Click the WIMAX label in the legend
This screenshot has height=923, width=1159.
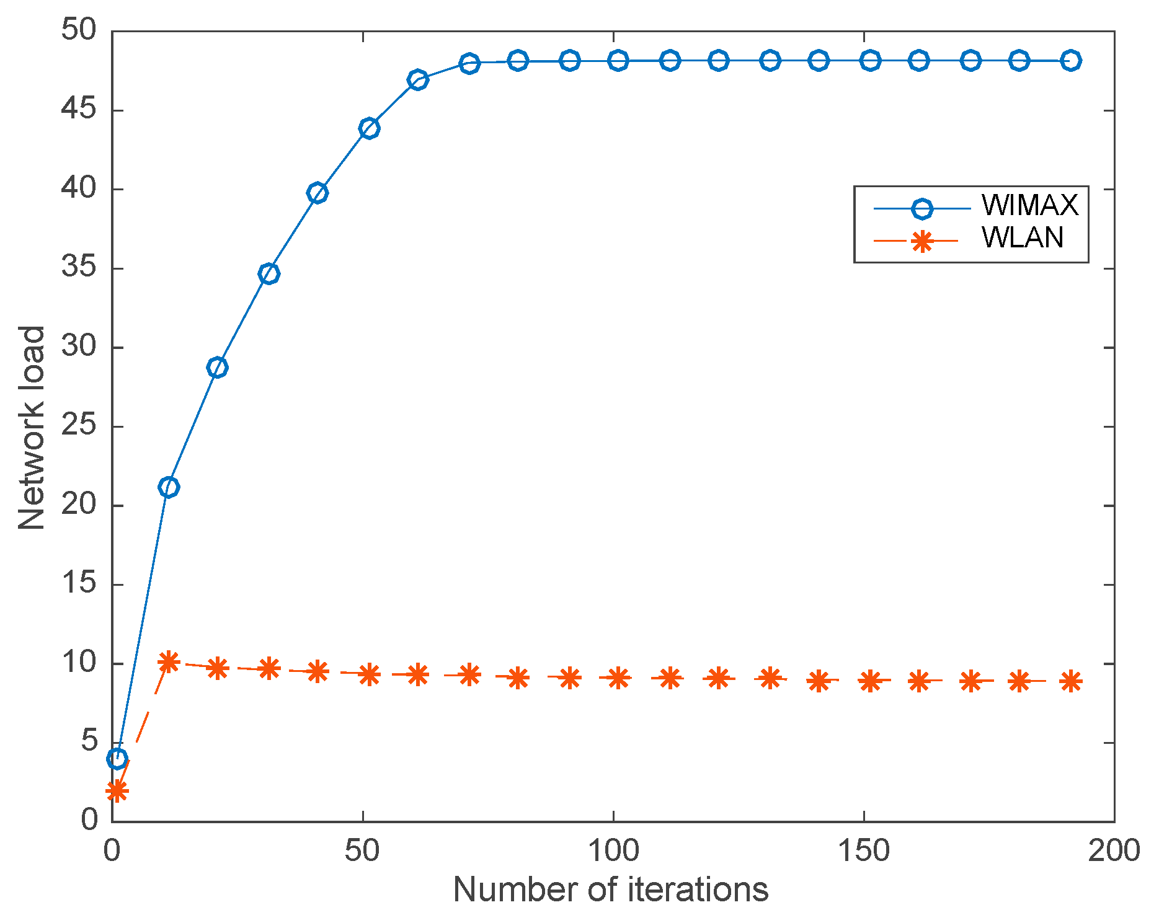click(x=1030, y=205)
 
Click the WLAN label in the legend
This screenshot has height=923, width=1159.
click(x=1023, y=238)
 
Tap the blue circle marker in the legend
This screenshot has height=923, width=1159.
click(x=922, y=208)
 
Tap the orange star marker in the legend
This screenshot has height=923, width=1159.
click(x=922, y=241)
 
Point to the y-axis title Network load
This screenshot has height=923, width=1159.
click(x=31, y=428)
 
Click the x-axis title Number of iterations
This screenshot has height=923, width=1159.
click(x=611, y=890)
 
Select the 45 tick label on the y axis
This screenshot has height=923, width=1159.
click(x=79, y=110)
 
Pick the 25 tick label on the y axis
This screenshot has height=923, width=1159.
click(x=79, y=426)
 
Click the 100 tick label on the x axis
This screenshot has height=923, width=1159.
click(x=613, y=851)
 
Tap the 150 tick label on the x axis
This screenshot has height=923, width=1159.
click(x=863, y=851)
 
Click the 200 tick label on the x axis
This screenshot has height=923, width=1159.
click(x=1114, y=851)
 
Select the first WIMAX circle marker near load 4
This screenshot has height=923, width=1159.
click(x=117, y=758)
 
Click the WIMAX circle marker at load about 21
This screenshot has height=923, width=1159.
click(x=169, y=487)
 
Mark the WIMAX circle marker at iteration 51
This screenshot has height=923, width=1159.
click(x=369, y=128)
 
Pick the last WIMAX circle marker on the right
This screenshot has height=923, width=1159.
click(x=1070, y=60)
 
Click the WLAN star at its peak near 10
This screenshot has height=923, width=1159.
click(x=169, y=662)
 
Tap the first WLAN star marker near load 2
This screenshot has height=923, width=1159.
click(x=117, y=791)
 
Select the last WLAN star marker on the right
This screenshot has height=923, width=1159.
click(x=1070, y=681)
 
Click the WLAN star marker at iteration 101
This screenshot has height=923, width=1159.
click(x=618, y=678)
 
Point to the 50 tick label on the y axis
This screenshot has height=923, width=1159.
click(x=79, y=30)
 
